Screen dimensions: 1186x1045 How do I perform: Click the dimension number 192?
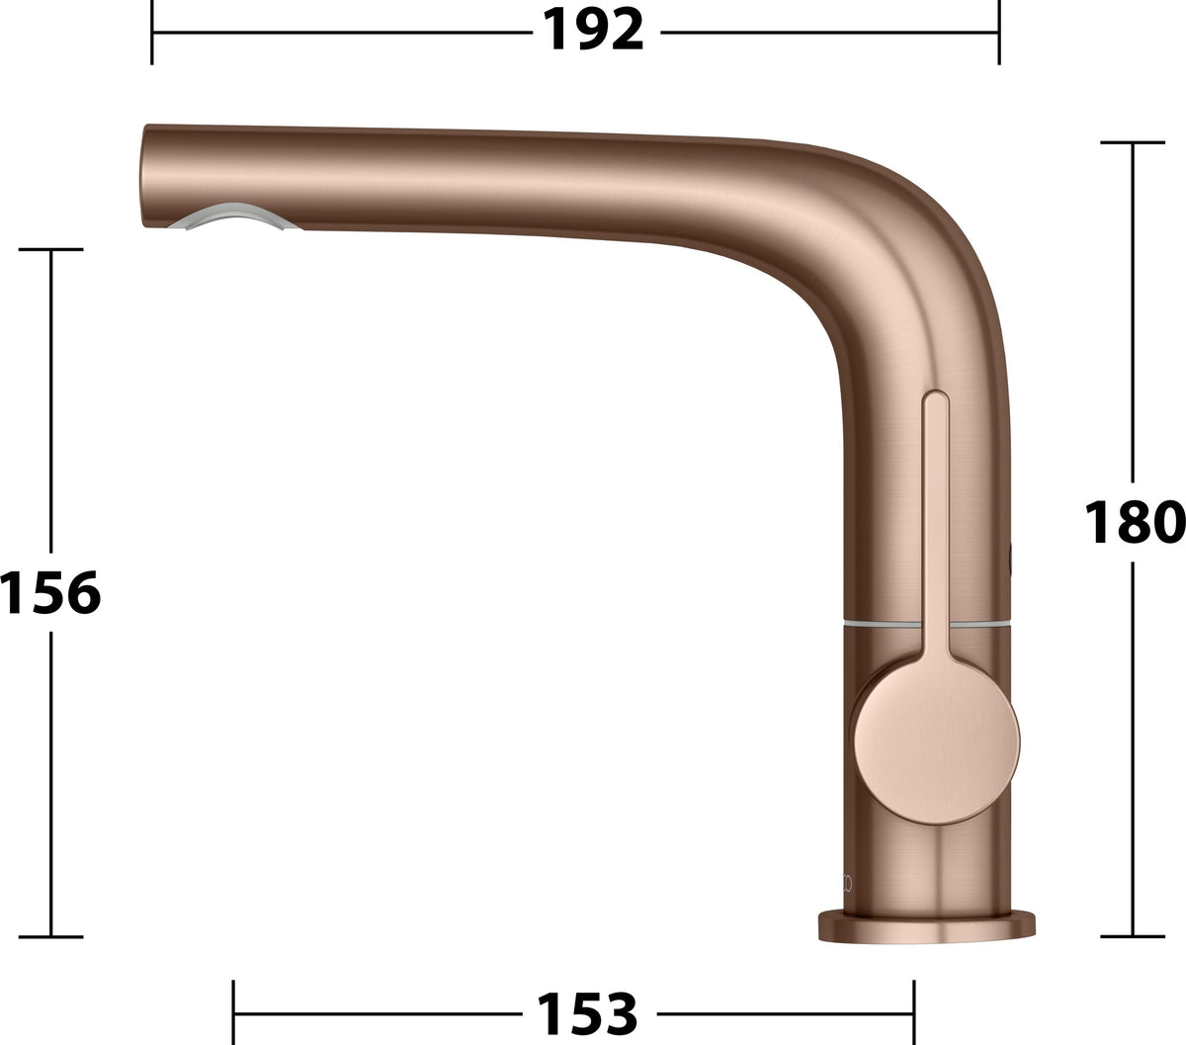click(593, 30)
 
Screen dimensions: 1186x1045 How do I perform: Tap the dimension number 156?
click(50, 592)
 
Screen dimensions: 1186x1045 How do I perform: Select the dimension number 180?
click(1135, 522)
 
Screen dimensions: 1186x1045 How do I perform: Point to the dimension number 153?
click(587, 1013)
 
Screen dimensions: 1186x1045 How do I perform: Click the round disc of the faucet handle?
click(935, 743)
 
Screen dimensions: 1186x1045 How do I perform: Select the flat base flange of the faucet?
click(927, 928)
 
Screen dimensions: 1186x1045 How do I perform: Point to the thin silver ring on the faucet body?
click(927, 623)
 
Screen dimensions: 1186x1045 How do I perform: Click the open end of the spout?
click(144, 176)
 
